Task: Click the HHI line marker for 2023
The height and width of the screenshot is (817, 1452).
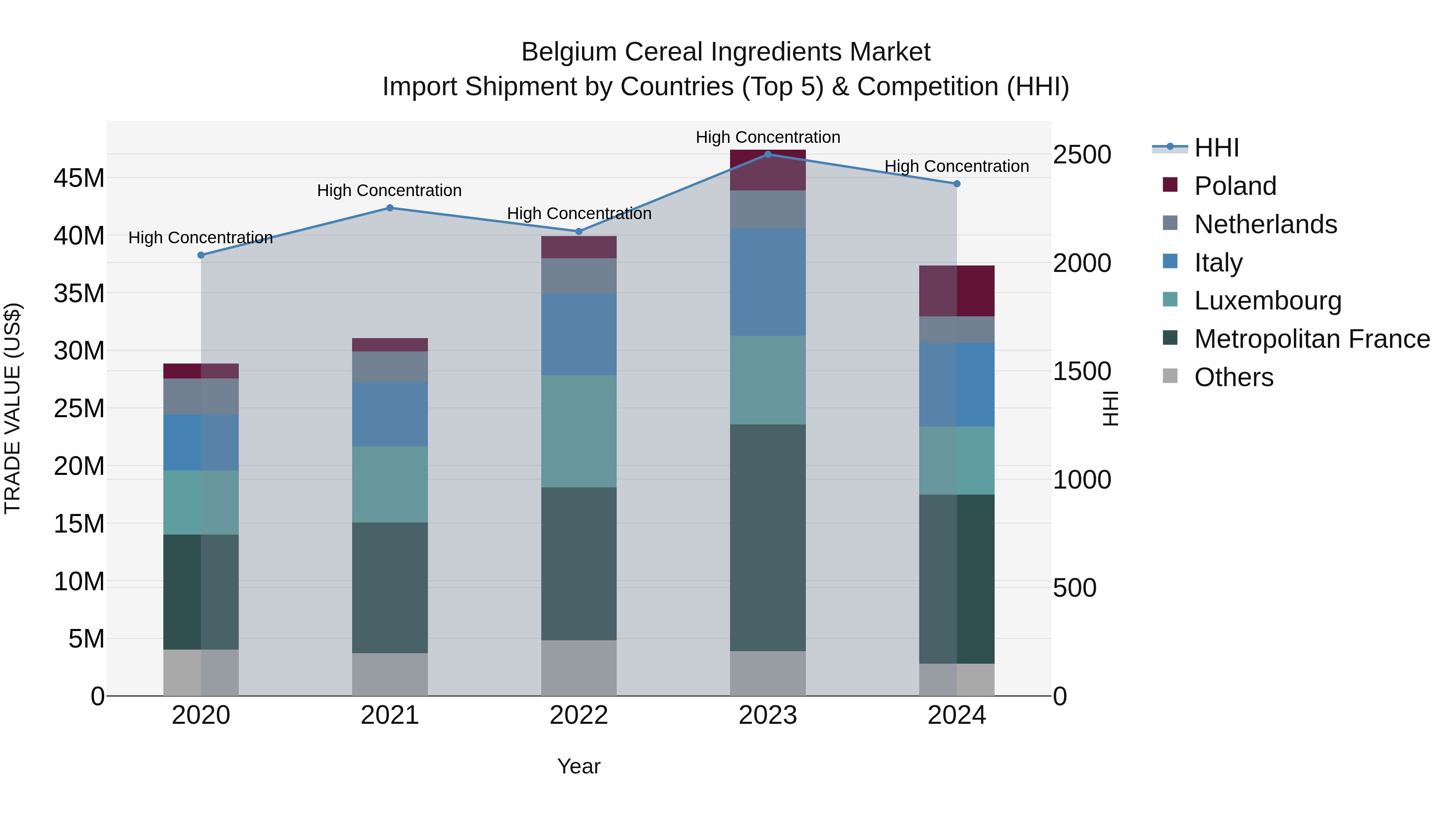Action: [767, 154]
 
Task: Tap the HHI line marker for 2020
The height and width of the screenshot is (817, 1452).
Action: [201, 255]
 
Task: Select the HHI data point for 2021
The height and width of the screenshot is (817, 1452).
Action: [390, 207]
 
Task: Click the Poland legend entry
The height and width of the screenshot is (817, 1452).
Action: [1235, 186]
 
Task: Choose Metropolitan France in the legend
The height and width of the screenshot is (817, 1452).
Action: [1311, 339]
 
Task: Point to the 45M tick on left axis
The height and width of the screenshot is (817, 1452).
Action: [79, 178]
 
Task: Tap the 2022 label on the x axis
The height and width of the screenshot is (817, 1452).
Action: [578, 715]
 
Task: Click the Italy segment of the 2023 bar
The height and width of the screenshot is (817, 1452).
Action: [767, 282]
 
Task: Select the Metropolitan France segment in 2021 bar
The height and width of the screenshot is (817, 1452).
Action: [390, 587]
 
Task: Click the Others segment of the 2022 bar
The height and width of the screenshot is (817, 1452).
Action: [578, 668]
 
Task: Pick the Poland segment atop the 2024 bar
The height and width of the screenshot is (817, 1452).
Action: [957, 291]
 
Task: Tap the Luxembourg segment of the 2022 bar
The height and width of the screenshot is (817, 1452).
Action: [578, 431]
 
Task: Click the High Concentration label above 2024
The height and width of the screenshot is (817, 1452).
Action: [957, 166]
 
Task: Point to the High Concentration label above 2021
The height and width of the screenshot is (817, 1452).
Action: [390, 190]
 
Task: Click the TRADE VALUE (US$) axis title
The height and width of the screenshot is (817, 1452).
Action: [13, 408]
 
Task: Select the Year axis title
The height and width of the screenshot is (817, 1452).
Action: [578, 766]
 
